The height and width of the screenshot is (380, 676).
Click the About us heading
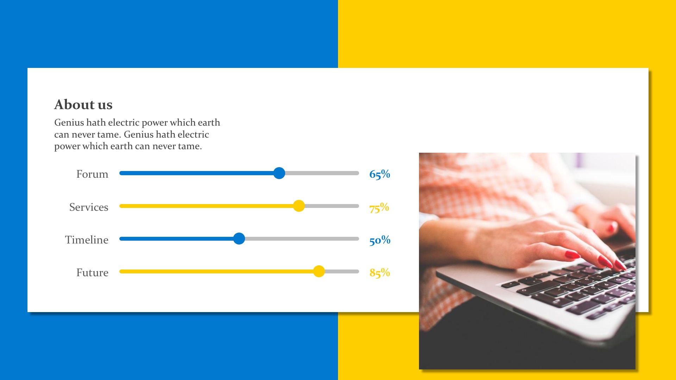[x=83, y=104]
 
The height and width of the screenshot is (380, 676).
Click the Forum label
[x=92, y=174]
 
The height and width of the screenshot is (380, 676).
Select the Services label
[x=89, y=207]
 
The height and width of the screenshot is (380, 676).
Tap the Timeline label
[x=87, y=240]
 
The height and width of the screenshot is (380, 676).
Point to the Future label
[x=92, y=272]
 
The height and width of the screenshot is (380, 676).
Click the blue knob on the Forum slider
[x=279, y=173]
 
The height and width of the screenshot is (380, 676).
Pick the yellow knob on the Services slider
[x=299, y=206]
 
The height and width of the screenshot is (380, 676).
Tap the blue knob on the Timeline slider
[x=239, y=239]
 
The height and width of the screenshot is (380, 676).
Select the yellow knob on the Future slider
[x=319, y=271]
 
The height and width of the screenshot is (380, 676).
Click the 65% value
[x=380, y=174]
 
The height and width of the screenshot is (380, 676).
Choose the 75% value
[x=379, y=207]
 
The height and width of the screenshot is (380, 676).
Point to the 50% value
[x=380, y=240]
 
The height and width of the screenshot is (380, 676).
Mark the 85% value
[x=380, y=273]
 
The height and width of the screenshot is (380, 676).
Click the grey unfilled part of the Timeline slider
[x=302, y=239]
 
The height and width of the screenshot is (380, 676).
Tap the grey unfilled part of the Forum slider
[x=322, y=173]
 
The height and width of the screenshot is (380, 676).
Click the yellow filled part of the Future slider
[x=216, y=271]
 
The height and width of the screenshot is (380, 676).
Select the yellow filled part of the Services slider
[x=206, y=206]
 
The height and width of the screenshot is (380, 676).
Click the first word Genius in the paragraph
[x=69, y=122]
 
